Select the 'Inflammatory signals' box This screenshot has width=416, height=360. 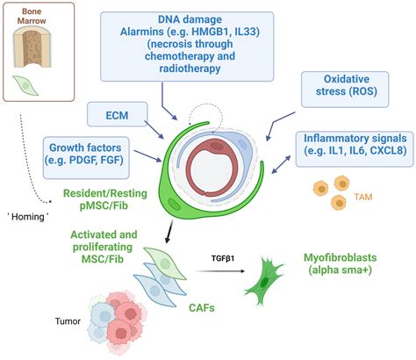tap(356, 145)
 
